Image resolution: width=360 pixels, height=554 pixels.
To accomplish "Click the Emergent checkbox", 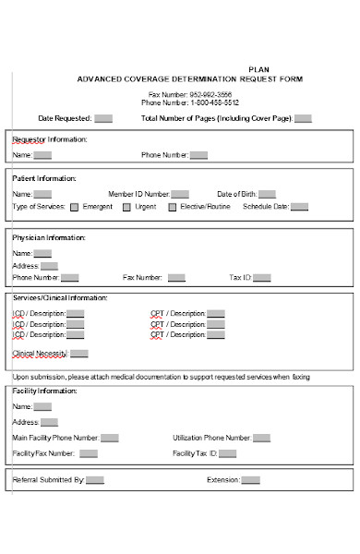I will tap(74, 208).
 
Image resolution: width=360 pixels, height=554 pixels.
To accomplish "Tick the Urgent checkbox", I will tap(126, 208).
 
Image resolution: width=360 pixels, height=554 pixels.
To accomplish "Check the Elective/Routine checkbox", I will tap(172, 208).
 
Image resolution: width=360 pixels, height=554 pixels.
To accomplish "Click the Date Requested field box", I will tap(103, 118).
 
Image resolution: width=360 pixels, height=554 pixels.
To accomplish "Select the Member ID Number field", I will tap(180, 194).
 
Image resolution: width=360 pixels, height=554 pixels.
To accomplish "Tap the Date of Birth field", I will tap(267, 194).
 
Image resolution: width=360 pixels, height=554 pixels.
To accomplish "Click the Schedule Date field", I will tap(299, 208).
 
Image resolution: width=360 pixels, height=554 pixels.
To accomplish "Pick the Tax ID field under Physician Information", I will tap(262, 277).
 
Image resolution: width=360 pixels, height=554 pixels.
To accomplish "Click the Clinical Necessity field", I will tap(79, 354).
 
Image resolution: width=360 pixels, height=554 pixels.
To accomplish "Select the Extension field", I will tap(250, 480).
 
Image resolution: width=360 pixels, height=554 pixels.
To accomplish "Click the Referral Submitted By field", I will tap(95, 480).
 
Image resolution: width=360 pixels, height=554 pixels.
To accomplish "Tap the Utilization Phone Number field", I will tap(263, 438).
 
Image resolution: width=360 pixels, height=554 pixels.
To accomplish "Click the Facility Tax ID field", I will tap(228, 453).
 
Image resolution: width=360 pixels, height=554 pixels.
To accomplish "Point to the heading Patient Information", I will tap(44, 178).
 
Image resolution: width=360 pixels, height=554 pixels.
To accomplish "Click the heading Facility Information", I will tap(44, 391).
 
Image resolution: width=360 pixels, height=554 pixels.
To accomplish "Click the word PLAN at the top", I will tap(260, 69).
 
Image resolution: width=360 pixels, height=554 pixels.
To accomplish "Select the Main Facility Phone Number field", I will tap(109, 438).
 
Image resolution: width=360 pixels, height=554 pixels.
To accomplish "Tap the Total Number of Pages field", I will tap(303, 118).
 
